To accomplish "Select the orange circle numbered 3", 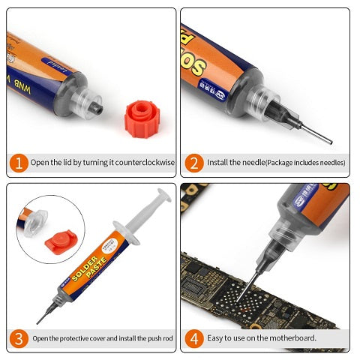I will (18, 337).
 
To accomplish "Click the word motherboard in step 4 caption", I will (292, 337).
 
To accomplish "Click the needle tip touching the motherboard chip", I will (238, 303).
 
